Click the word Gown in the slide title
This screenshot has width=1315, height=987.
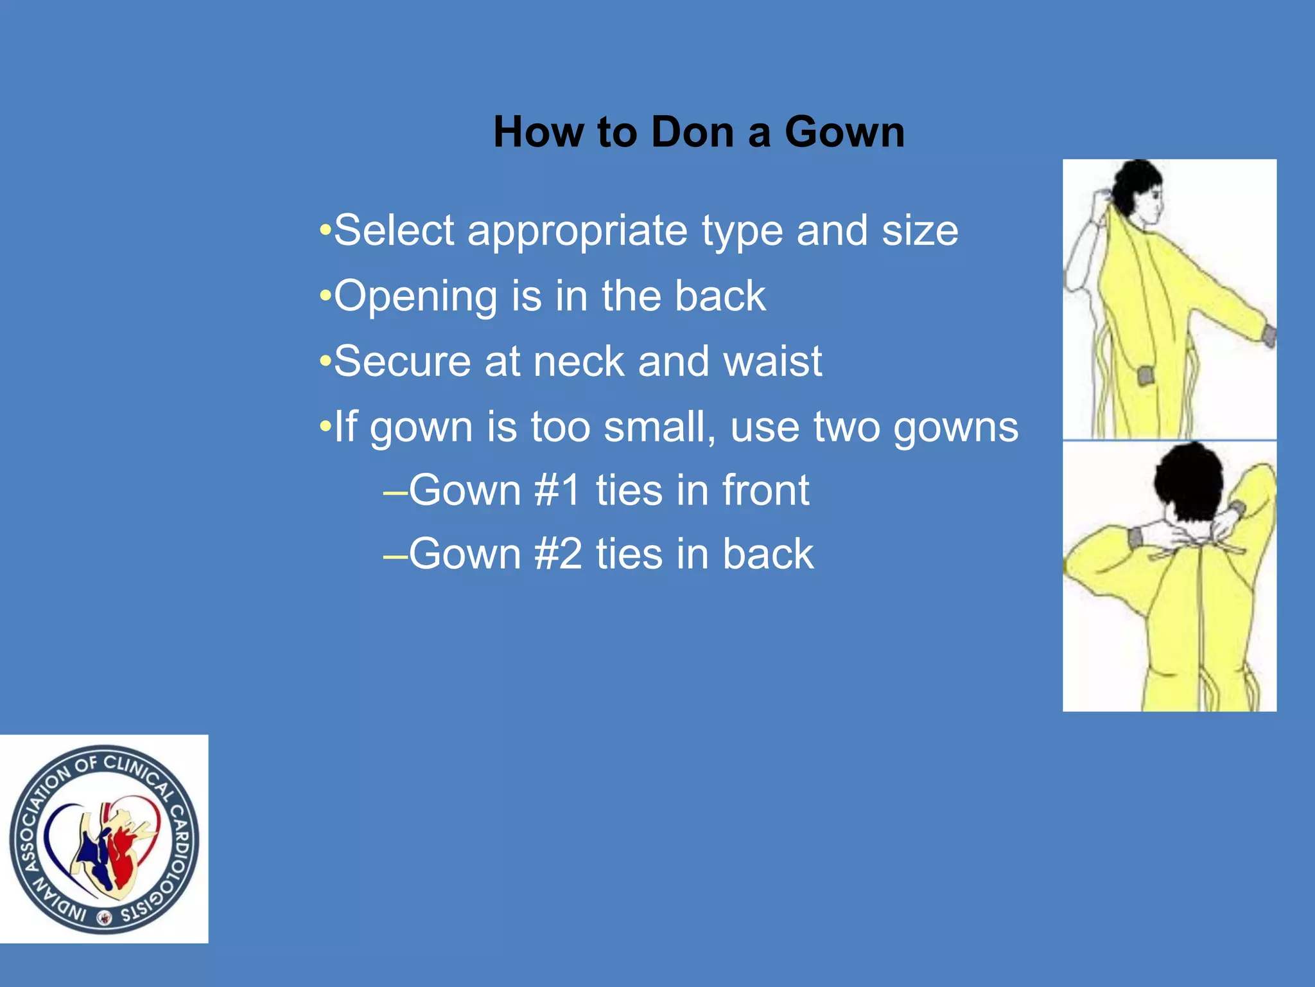tap(844, 132)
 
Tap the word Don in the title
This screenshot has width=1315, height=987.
tap(693, 132)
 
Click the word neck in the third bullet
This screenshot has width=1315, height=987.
tap(579, 361)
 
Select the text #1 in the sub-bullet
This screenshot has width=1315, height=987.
tap(557, 490)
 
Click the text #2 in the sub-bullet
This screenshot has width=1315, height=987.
tap(557, 554)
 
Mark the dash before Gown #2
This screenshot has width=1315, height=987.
tap(395, 555)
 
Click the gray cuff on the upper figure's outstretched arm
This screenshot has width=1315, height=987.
tap(1268, 335)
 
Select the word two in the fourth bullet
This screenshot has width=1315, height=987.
tap(846, 427)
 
